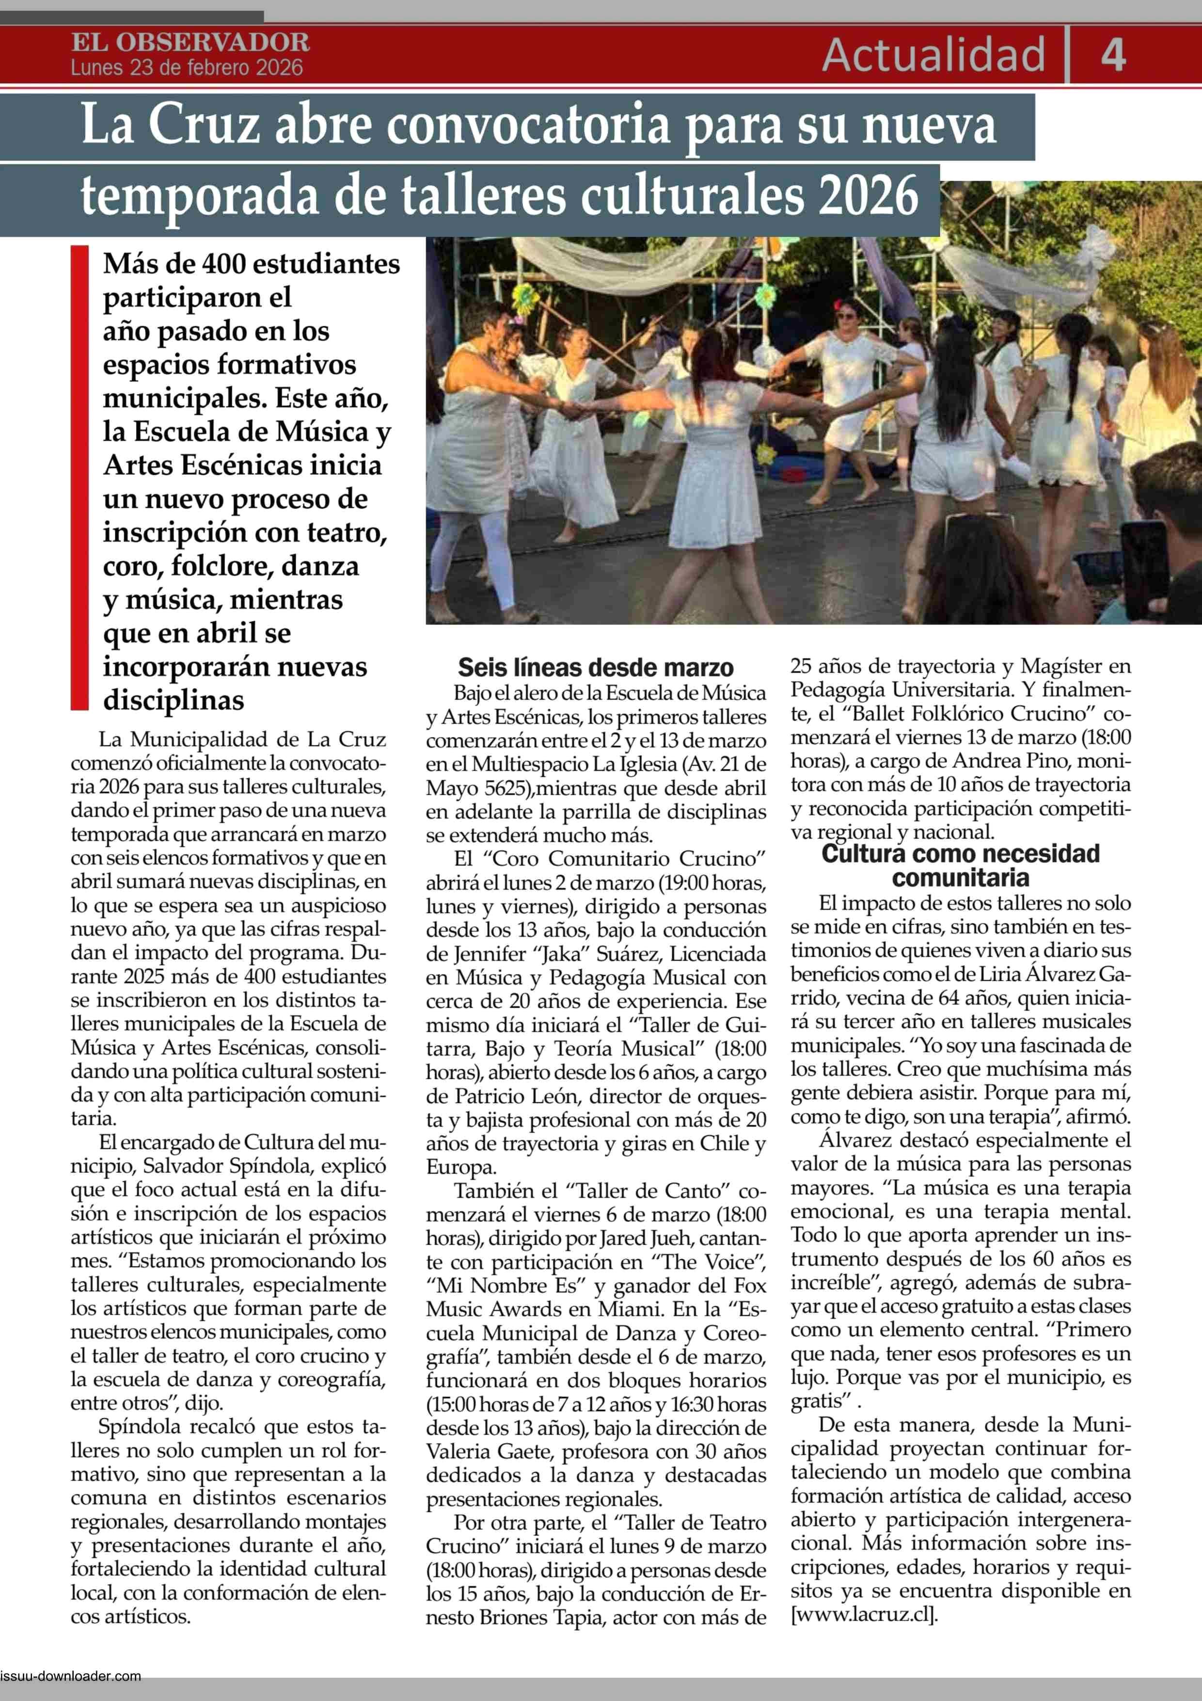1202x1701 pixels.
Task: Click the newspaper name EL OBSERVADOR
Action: [x=190, y=42]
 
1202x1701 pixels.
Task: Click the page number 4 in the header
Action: [x=1113, y=56]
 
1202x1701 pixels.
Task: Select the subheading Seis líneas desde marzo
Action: [x=596, y=668]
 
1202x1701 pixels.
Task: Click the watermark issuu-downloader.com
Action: [x=71, y=1676]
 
